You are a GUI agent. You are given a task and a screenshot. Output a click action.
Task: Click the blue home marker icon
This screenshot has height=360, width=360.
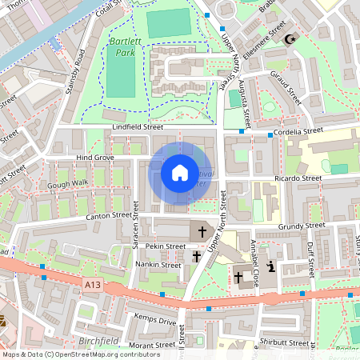pyautogui.click(x=179, y=173)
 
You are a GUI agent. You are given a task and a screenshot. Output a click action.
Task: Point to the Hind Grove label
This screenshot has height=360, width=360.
pyautogui.click(x=94, y=158)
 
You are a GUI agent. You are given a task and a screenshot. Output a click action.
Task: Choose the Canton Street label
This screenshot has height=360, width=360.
pyautogui.click(x=108, y=214)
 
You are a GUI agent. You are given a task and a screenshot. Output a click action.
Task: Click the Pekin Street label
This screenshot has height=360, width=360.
pyautogui.click(x=166, y=246)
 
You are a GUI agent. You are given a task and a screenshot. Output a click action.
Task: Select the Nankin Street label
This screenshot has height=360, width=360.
pyautogui.click(x=157, y=264)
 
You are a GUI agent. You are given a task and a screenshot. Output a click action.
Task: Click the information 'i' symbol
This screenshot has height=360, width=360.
pyautogui.click(x=271, y=266)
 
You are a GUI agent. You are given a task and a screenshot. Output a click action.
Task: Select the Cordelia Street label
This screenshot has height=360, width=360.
pyautogui.click(x=297, y=129)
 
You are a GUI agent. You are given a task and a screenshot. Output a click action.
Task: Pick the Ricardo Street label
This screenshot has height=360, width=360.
pyautogui.click(x=297, y=178)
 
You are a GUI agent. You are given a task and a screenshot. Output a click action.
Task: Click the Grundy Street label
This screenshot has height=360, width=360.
pyautogui.click(x=299, y=226)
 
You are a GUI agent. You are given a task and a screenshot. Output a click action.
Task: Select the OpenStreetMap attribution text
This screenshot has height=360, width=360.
pyautogui.click(x=81, y=354)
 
